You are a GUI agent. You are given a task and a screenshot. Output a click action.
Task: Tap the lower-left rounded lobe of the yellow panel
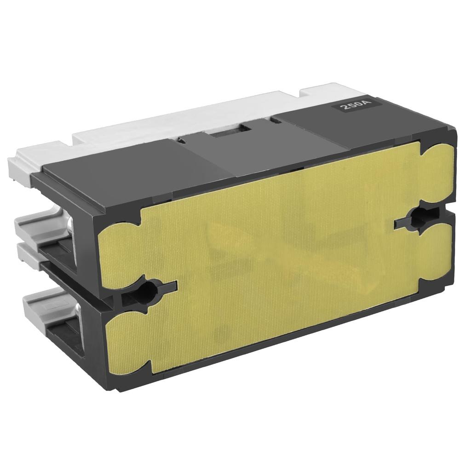coord(126,345)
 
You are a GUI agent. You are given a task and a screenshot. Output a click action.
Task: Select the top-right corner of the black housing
coord(453,133)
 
